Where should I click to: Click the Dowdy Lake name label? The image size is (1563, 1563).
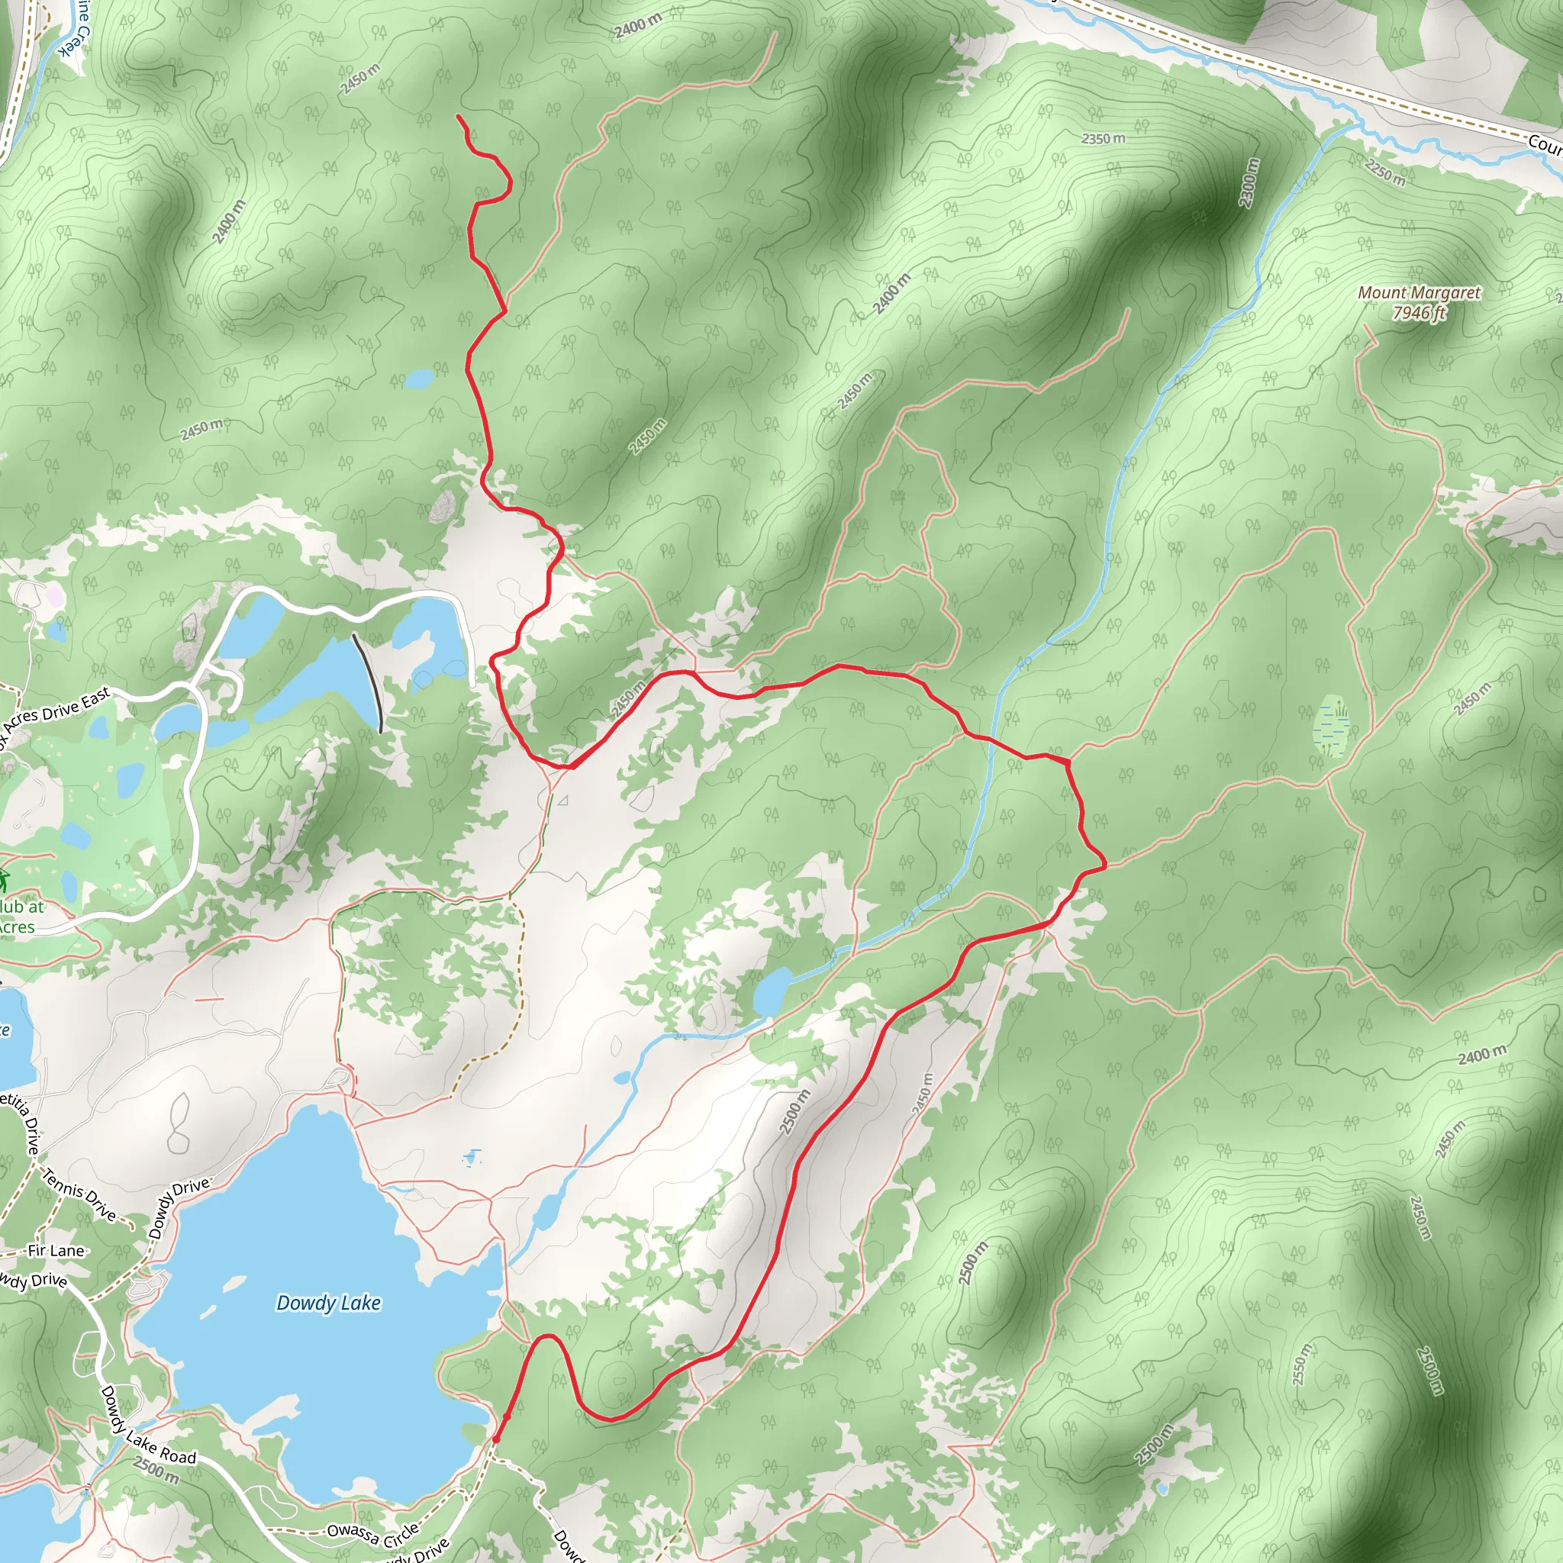328,1303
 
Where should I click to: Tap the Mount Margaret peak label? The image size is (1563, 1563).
1419,293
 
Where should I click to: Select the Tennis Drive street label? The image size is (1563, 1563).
80,1194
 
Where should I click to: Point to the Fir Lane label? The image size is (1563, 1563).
56,1251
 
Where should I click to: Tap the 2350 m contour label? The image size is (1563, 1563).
1104,139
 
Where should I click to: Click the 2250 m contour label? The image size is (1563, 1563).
1385,172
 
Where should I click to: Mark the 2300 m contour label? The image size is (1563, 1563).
1250,182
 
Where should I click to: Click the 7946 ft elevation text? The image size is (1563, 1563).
1419,312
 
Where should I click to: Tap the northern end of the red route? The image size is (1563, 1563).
458,117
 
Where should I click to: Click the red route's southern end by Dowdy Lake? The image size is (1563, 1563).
496,1439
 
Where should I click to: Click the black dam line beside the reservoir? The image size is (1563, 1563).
368,682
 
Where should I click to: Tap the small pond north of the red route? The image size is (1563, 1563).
419,379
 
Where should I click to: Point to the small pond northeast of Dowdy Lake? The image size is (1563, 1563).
772,992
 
